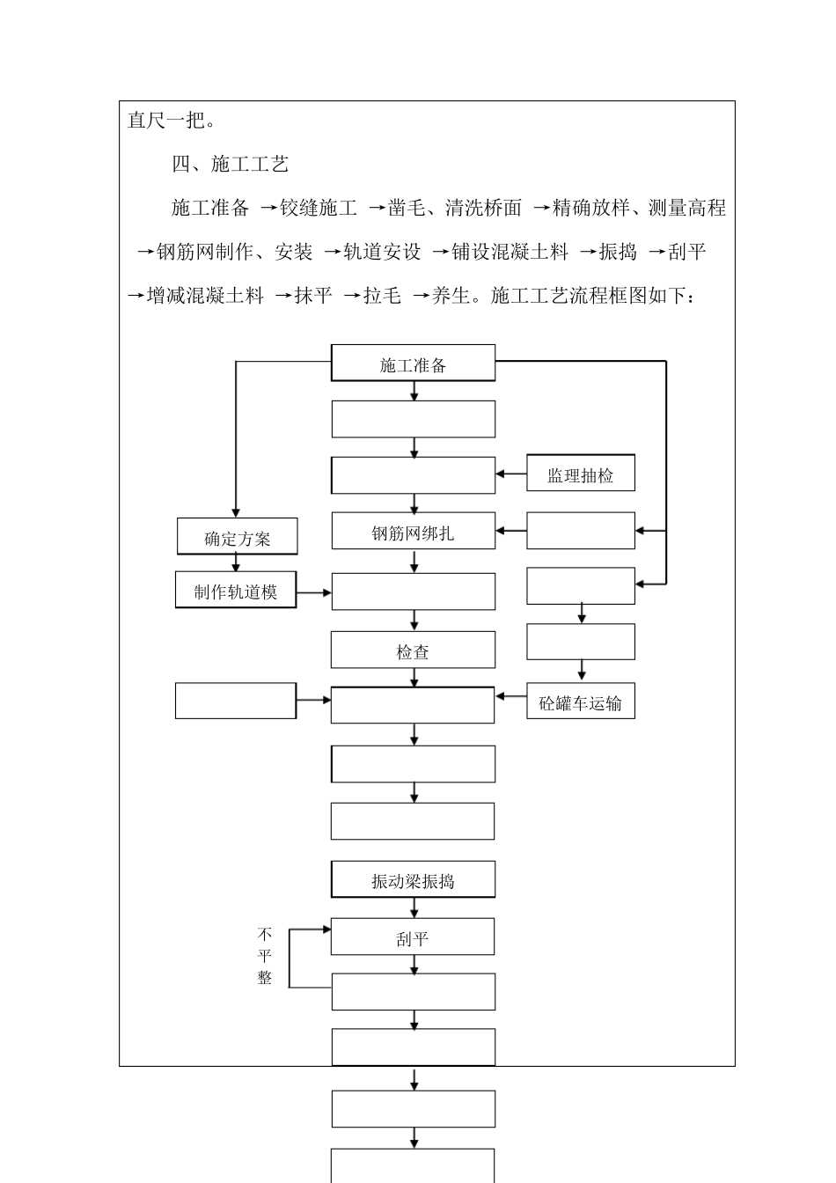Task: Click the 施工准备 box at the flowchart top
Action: pos(413,364)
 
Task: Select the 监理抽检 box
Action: pos(580,474)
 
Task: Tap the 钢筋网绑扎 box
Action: pos(413,532)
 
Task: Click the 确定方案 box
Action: pos(238,537)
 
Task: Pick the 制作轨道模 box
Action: pos(236,591)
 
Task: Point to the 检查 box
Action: pos(413,651)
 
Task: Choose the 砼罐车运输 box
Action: pos(580,702)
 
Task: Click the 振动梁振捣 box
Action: pos(413,880)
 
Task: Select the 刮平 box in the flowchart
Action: pos(413,937)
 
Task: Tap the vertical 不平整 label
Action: pos(265,955)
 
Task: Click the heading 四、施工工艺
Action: pos(230,164)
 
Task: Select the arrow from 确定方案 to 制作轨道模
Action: pos(236,563)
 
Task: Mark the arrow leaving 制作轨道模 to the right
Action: pos(314,592)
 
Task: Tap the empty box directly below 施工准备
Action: pos(413,419)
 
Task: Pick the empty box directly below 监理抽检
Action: pos(580,531)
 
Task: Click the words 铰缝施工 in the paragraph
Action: pos(319,209)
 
